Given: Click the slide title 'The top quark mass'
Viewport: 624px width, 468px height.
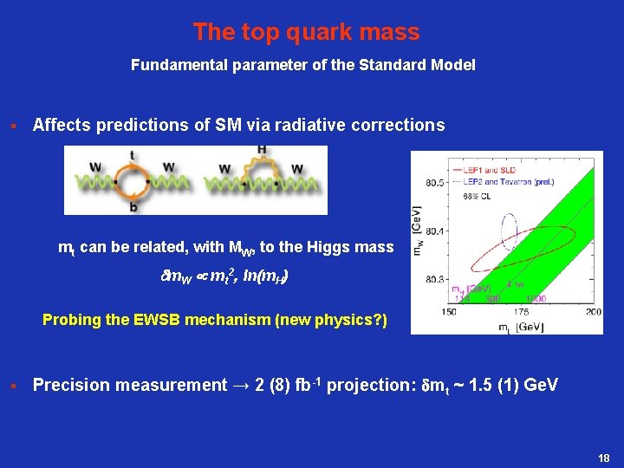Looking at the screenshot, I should click(x=306, y=32).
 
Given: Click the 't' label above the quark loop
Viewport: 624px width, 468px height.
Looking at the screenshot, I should click(x=132, y=155).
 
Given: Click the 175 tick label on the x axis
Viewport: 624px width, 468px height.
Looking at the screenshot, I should click(x=521, y=311).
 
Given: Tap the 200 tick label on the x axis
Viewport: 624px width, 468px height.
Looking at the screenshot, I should click(x=593, y=311).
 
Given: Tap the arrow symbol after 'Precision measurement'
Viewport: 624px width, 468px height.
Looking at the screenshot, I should click(x=237, y=386).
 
